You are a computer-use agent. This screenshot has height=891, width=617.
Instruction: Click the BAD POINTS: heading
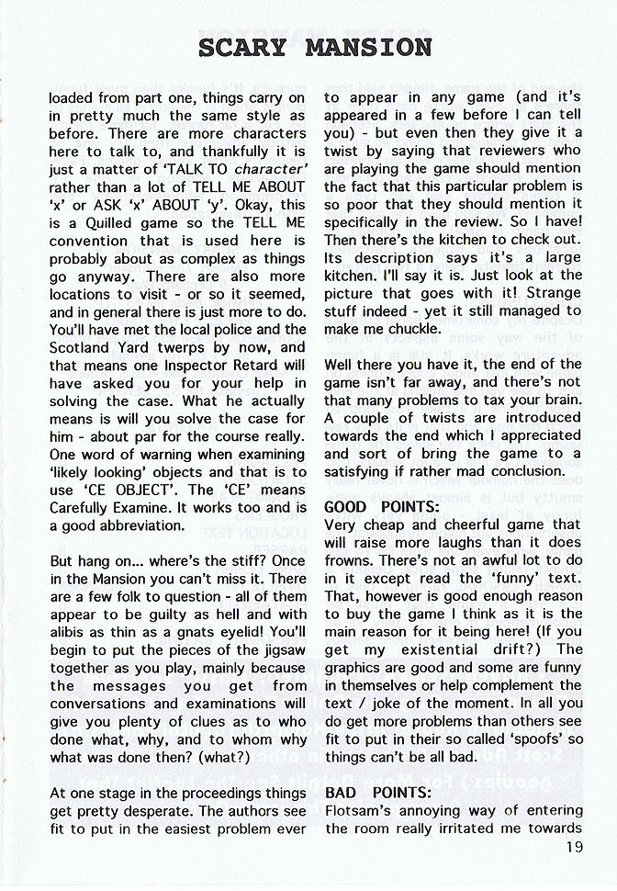(x=365, y=792)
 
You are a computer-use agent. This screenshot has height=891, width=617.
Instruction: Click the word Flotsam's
(x=361, y=810)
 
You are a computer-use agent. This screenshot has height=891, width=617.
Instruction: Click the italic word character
(x=270, y=169)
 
